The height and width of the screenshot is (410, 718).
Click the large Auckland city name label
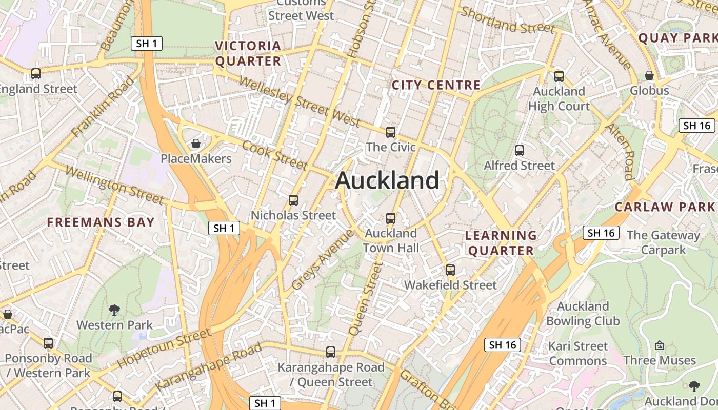tap(387, 181)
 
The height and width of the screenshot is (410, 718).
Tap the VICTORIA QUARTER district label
tap(248, 53)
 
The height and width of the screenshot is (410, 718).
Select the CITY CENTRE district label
tap(436, 85)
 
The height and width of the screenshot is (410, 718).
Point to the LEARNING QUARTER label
tap(501, 243)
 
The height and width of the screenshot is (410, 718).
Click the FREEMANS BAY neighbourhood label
tap(101, 222)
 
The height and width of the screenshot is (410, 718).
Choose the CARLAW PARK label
tap(665, 207)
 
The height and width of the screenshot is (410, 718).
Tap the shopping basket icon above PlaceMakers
tap(195, 143)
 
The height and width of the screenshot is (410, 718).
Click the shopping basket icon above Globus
tap(649, 75)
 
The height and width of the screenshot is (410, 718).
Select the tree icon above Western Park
tap(114, 310)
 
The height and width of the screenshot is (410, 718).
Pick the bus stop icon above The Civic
tap(391, 132)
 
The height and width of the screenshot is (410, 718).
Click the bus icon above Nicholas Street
tap(293, 200)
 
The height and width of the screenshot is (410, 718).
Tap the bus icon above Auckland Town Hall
tap(391, 218)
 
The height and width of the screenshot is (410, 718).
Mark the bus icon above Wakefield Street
tap(450, 270)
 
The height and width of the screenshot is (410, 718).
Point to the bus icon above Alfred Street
tap(520, 151)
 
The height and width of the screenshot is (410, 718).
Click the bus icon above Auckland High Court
tap(559, 76)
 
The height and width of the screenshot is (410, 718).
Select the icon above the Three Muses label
tap(660, 345)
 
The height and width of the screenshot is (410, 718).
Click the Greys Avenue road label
tap(322, 260)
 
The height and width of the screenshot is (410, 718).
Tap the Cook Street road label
tap(275, 154)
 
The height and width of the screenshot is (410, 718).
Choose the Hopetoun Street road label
tap(164, 348)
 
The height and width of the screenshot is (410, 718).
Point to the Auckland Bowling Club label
tap(583, 314)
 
